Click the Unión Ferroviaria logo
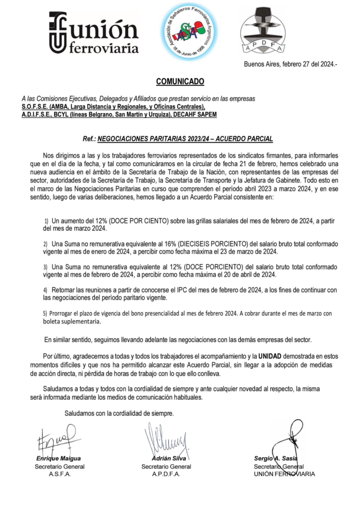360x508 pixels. pyautogui.click(x=93, y=32)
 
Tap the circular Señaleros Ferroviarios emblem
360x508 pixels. pyautogui.click(x=191, y=33)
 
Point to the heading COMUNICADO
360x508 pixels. pyautogui.click(x=180, y=81)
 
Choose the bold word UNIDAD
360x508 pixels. pyautogui.click(x=273, y=356)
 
